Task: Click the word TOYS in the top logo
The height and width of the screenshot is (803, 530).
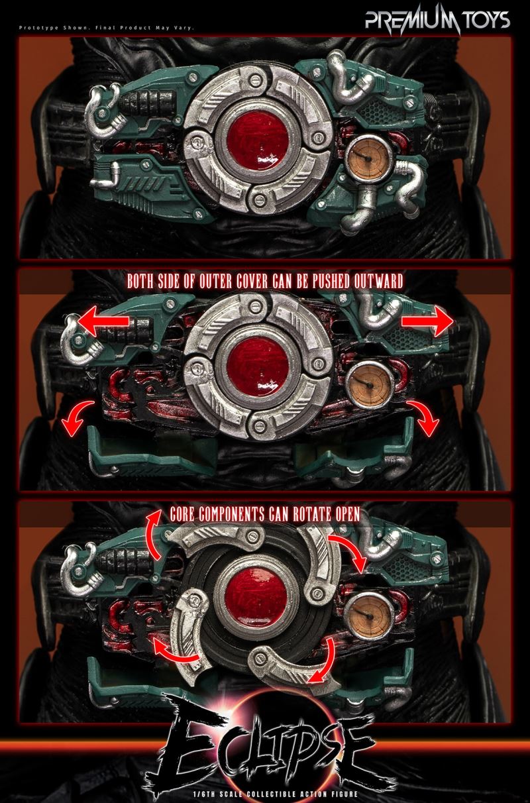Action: pos(486,20)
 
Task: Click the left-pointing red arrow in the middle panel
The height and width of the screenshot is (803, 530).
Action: pos(104,321)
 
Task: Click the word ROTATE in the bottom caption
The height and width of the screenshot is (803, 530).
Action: pos(311,514)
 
